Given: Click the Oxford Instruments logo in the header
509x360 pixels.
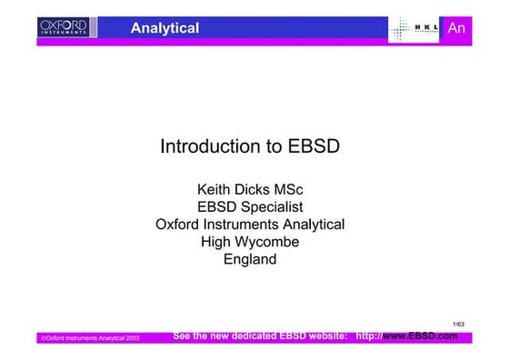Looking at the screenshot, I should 63,28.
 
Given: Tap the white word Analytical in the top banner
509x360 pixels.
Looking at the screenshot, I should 165,28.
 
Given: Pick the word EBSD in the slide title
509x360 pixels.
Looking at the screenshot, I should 314,146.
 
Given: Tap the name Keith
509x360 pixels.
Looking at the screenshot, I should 215,190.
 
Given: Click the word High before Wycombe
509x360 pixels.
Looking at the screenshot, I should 216,242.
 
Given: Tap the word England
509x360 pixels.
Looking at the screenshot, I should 249,259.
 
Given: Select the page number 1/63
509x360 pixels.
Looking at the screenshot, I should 458,323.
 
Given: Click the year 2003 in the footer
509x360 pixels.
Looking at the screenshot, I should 127,338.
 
